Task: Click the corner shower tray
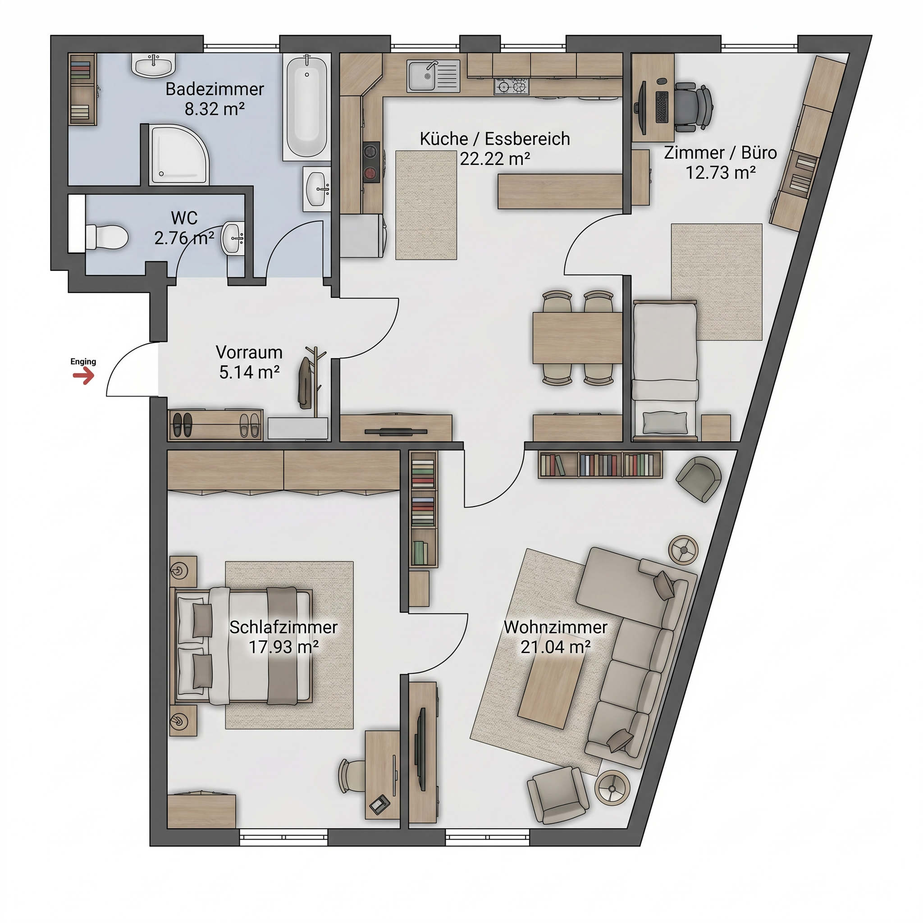(180, 155)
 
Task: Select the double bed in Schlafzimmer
(244, 646)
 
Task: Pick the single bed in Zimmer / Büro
(665, 370)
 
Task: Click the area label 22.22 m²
(495, 159)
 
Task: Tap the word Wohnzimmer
(556, 627)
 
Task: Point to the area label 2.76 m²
(184, 238)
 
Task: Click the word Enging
(83, 361)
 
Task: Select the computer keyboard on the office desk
(662, 107)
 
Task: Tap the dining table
(578, 338)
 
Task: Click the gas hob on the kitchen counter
(512, 87)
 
